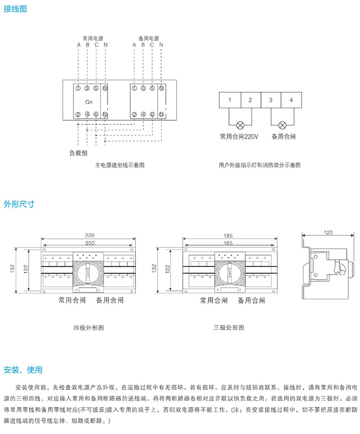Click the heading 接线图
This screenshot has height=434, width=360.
15,9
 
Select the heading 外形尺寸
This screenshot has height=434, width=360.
19,204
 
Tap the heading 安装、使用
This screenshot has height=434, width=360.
23,370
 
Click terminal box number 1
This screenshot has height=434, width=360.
229,100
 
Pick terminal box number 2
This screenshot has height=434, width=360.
250,100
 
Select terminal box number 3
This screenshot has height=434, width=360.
270,100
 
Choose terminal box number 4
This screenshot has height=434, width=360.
291,100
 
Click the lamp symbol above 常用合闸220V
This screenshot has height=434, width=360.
240,125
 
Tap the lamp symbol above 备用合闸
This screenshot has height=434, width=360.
282,125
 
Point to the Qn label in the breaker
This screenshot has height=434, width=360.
89,101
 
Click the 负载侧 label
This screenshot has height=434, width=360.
79,153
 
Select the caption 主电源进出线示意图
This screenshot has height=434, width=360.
120,166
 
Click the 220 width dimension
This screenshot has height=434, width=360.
89,235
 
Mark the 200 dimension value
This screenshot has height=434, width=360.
89,242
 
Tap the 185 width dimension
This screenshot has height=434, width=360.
228,235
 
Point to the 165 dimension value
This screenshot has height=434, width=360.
228,242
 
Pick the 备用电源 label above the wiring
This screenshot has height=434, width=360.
148,38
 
